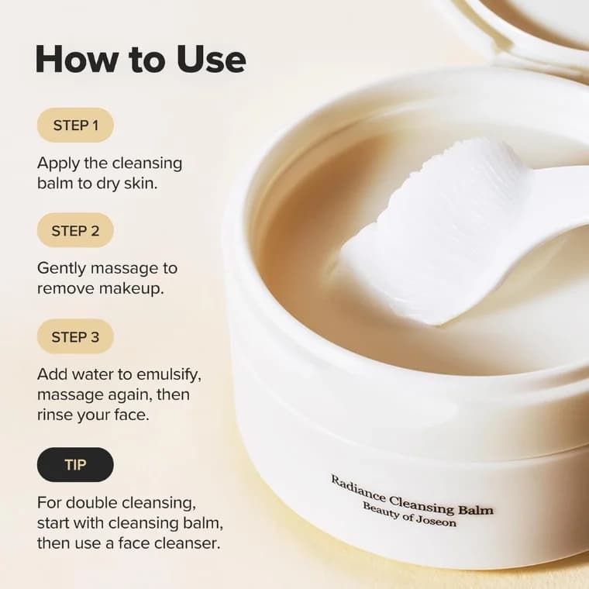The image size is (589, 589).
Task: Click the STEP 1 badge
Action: [x=75, y=125]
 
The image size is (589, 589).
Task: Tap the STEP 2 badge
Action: [x=75, y=230]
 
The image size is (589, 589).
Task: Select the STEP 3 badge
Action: [x=75, y=336]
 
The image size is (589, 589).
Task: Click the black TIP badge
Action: [x=75, y=464]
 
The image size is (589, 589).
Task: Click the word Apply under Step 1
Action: [x=58, y=164]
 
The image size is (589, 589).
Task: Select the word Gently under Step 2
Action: [x=60, y=269]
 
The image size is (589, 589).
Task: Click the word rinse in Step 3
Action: [x=53, y=415]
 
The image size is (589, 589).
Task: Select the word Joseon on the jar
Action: [x=435, y=519]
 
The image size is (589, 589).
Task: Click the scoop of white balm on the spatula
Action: [x=434, y=225]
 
